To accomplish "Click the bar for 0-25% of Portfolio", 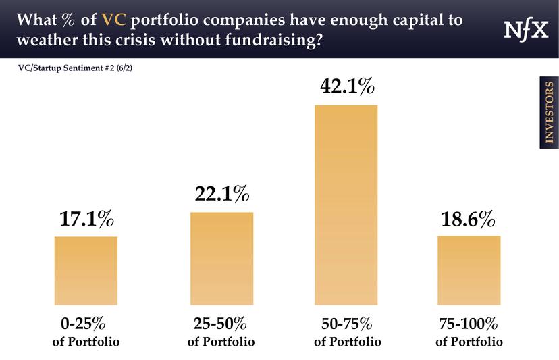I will coord(86,270).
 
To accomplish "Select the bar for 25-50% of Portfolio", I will coord(221,258).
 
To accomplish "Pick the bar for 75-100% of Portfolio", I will coord(469,270).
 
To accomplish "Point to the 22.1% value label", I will coord(221,195).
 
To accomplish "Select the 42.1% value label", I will coord(346,88).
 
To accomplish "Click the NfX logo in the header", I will coord(525,30).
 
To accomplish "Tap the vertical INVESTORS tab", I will coord(548,113).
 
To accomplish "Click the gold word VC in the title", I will coord(114,19).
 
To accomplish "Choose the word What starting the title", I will coord(34,19).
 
